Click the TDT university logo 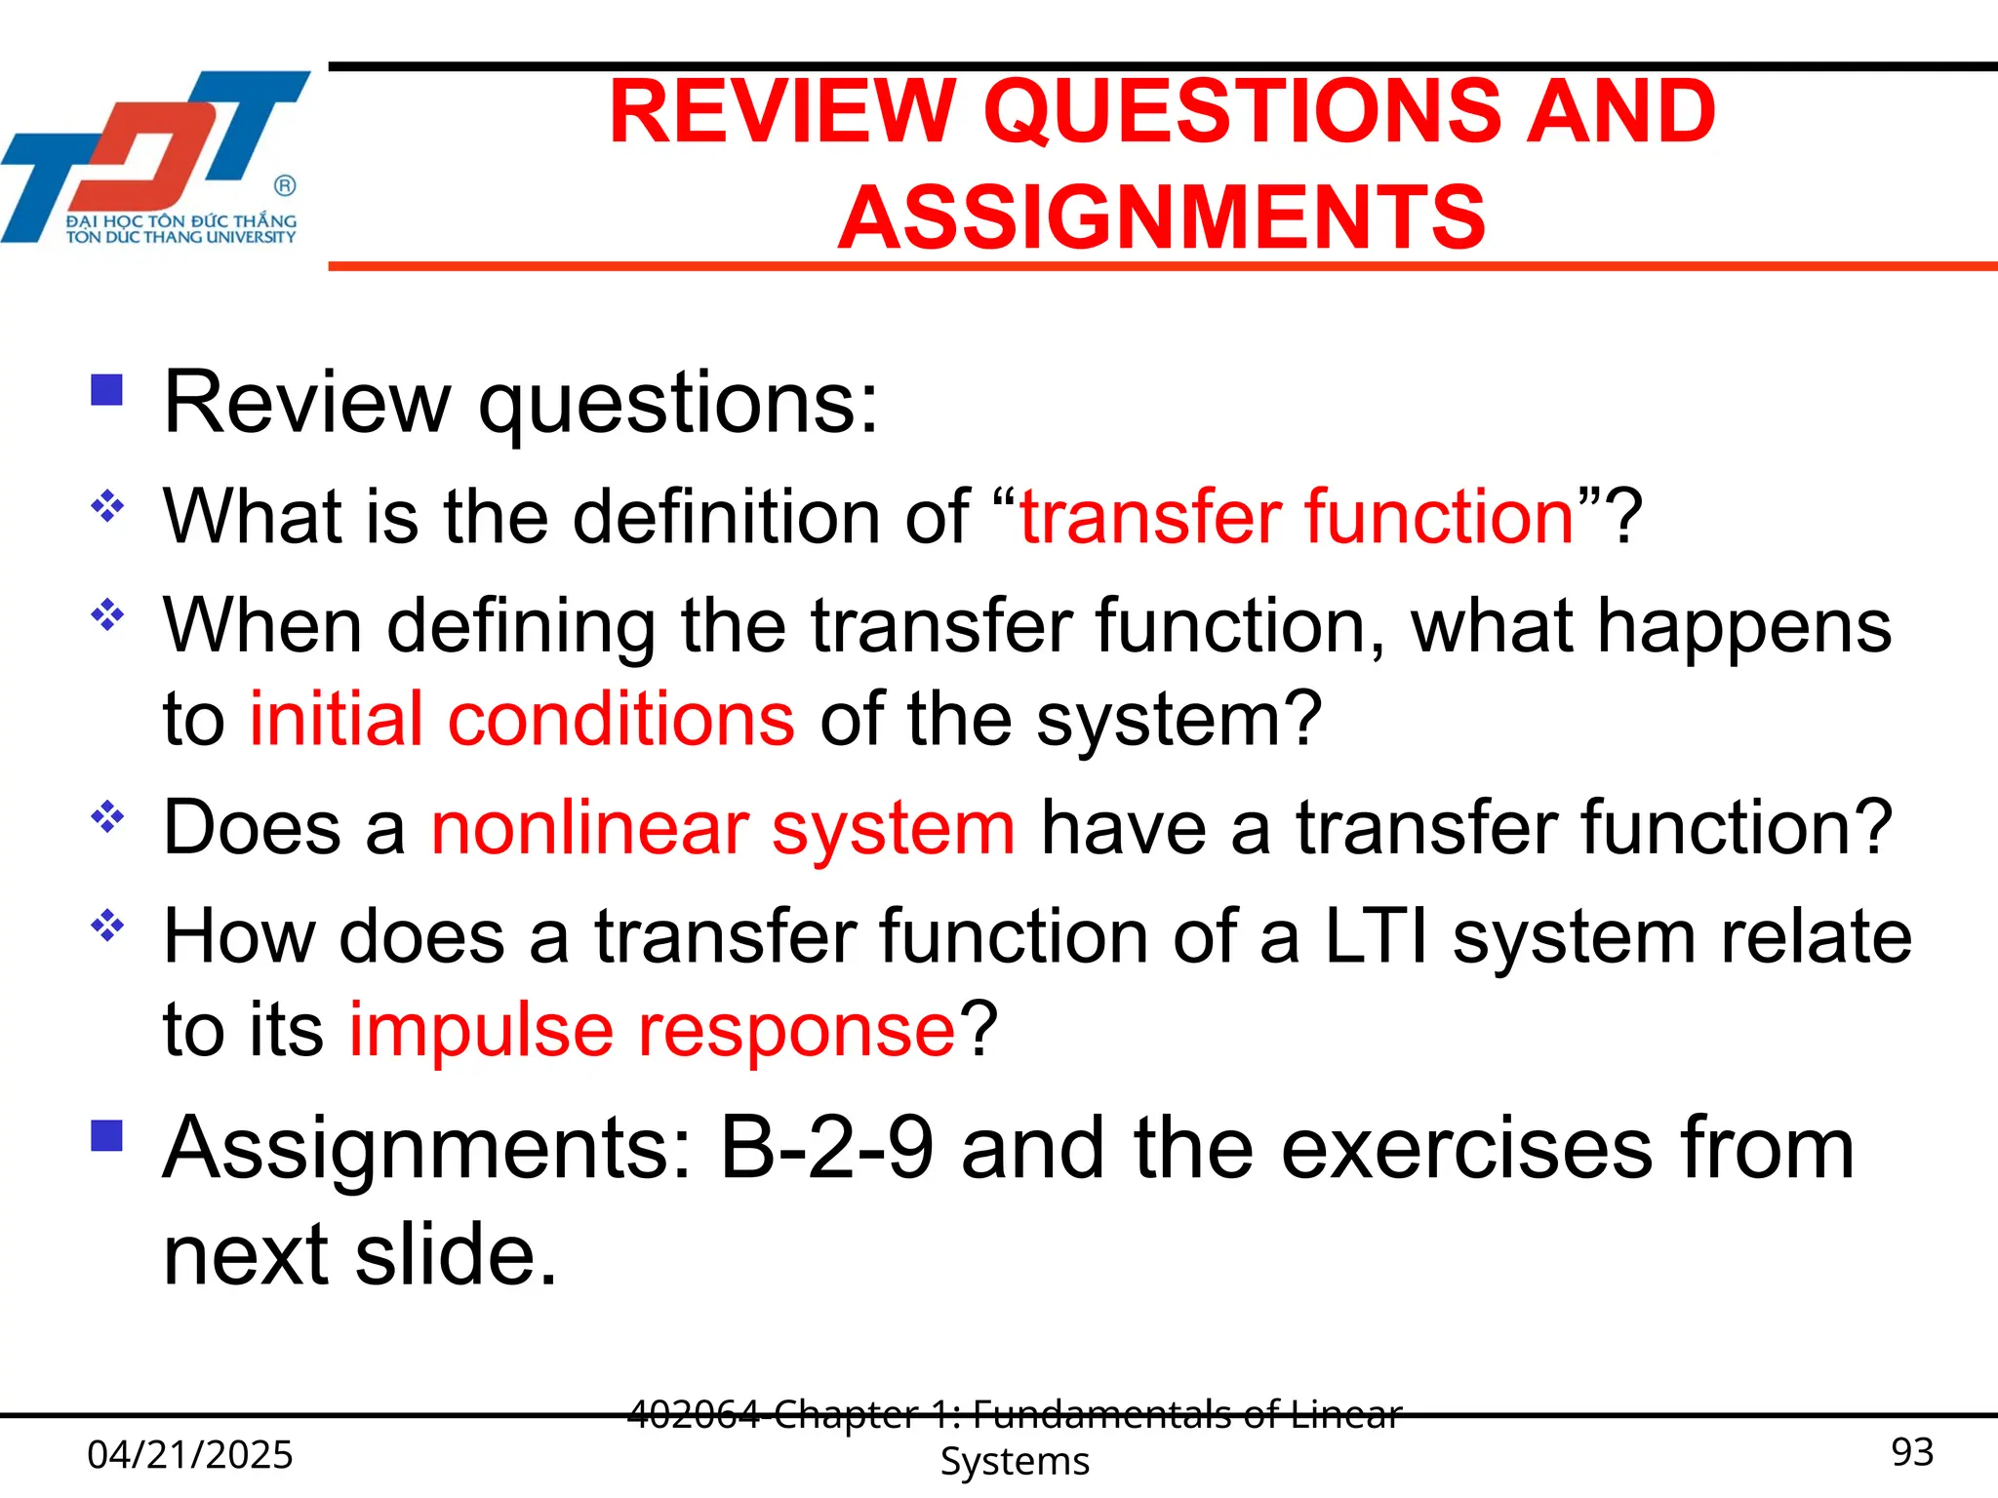coord(156,156)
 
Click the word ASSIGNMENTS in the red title coord(1161,217)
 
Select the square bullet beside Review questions coord(106,390)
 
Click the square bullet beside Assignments coord(106,1135)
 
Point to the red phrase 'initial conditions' coord(522,720)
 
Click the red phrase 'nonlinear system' coord(723,828)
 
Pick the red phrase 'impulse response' coord(653,1030)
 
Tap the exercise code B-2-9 coord(826,1149)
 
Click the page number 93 coord(1912,1452)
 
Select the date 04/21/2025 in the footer coord(190,1455)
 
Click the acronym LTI coord(1376,936)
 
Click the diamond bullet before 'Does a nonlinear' coord(107,817)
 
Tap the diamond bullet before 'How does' coord(107,925)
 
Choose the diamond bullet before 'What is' coord(107,505)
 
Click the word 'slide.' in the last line coord(457,1255)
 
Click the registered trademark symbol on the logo coord(285,185)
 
